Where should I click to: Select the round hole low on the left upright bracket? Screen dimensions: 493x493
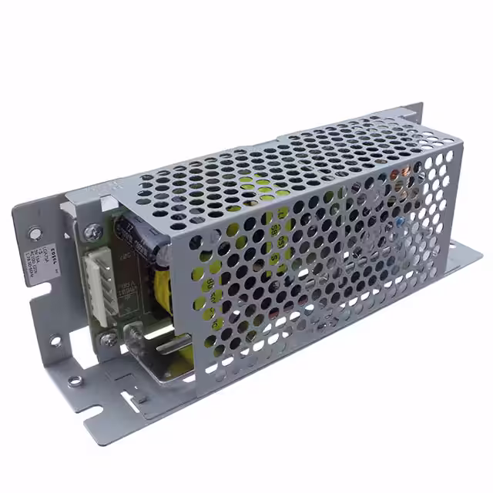click(55, 340)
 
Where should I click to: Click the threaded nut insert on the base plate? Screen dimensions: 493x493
click(74, 380)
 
